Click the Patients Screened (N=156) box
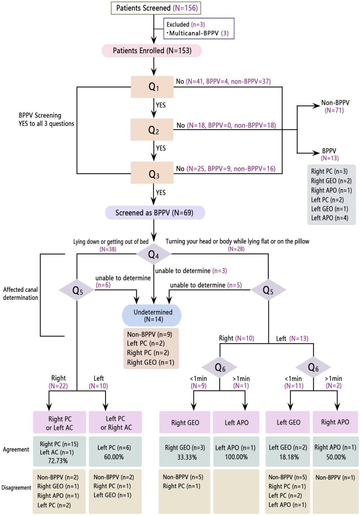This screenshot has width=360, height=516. pos(156,8)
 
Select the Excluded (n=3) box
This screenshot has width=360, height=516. pos(199,28)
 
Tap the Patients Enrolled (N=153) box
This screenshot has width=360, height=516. pos(151,51)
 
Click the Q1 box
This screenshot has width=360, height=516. pos(152,87)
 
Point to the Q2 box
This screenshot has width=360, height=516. pos(152,130)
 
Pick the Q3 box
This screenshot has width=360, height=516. pos(152,173)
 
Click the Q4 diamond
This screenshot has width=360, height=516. pos(154,254)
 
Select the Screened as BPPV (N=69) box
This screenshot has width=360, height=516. pos(155,213)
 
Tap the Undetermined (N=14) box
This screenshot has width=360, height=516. pos(152,315)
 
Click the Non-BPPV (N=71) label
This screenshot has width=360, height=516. pos(335,106)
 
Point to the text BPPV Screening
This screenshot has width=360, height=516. pos(40,115)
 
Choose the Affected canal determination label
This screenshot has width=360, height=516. pos(20,294)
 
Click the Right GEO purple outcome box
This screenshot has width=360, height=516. pos(185,422)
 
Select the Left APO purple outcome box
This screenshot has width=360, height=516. pos(236,422)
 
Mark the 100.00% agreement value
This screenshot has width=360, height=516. pos(236,457)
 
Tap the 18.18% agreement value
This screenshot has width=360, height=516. pos(289,457)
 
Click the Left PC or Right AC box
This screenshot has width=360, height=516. pos(115,422)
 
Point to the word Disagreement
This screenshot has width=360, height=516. pos(16,488)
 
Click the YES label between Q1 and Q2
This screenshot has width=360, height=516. pos(161,105)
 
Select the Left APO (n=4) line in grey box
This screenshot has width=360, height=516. pos(329,218)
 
